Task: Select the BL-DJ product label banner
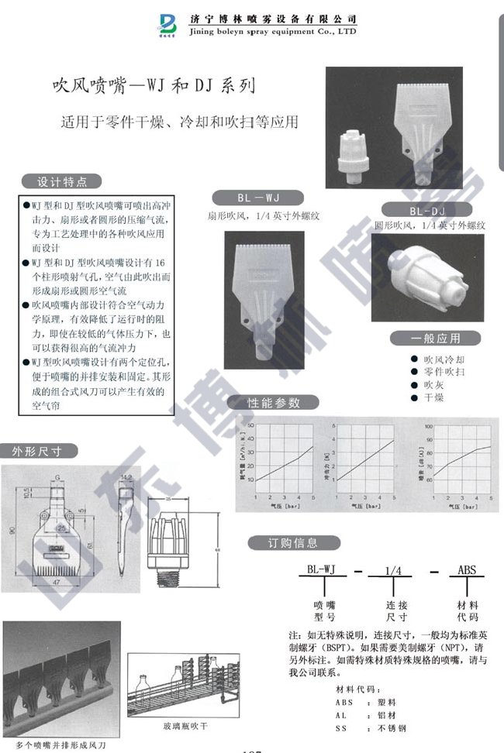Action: pyautogui.click(x=426, y=211)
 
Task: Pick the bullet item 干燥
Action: pyautogui.click(x=433, y=397)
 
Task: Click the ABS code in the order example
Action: pyautogui.click(x=467, y=570)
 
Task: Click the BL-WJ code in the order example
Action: pyautogui.click(x=320, y=570)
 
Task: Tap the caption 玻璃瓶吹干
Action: pyautogui.click(x=184, y=727)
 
